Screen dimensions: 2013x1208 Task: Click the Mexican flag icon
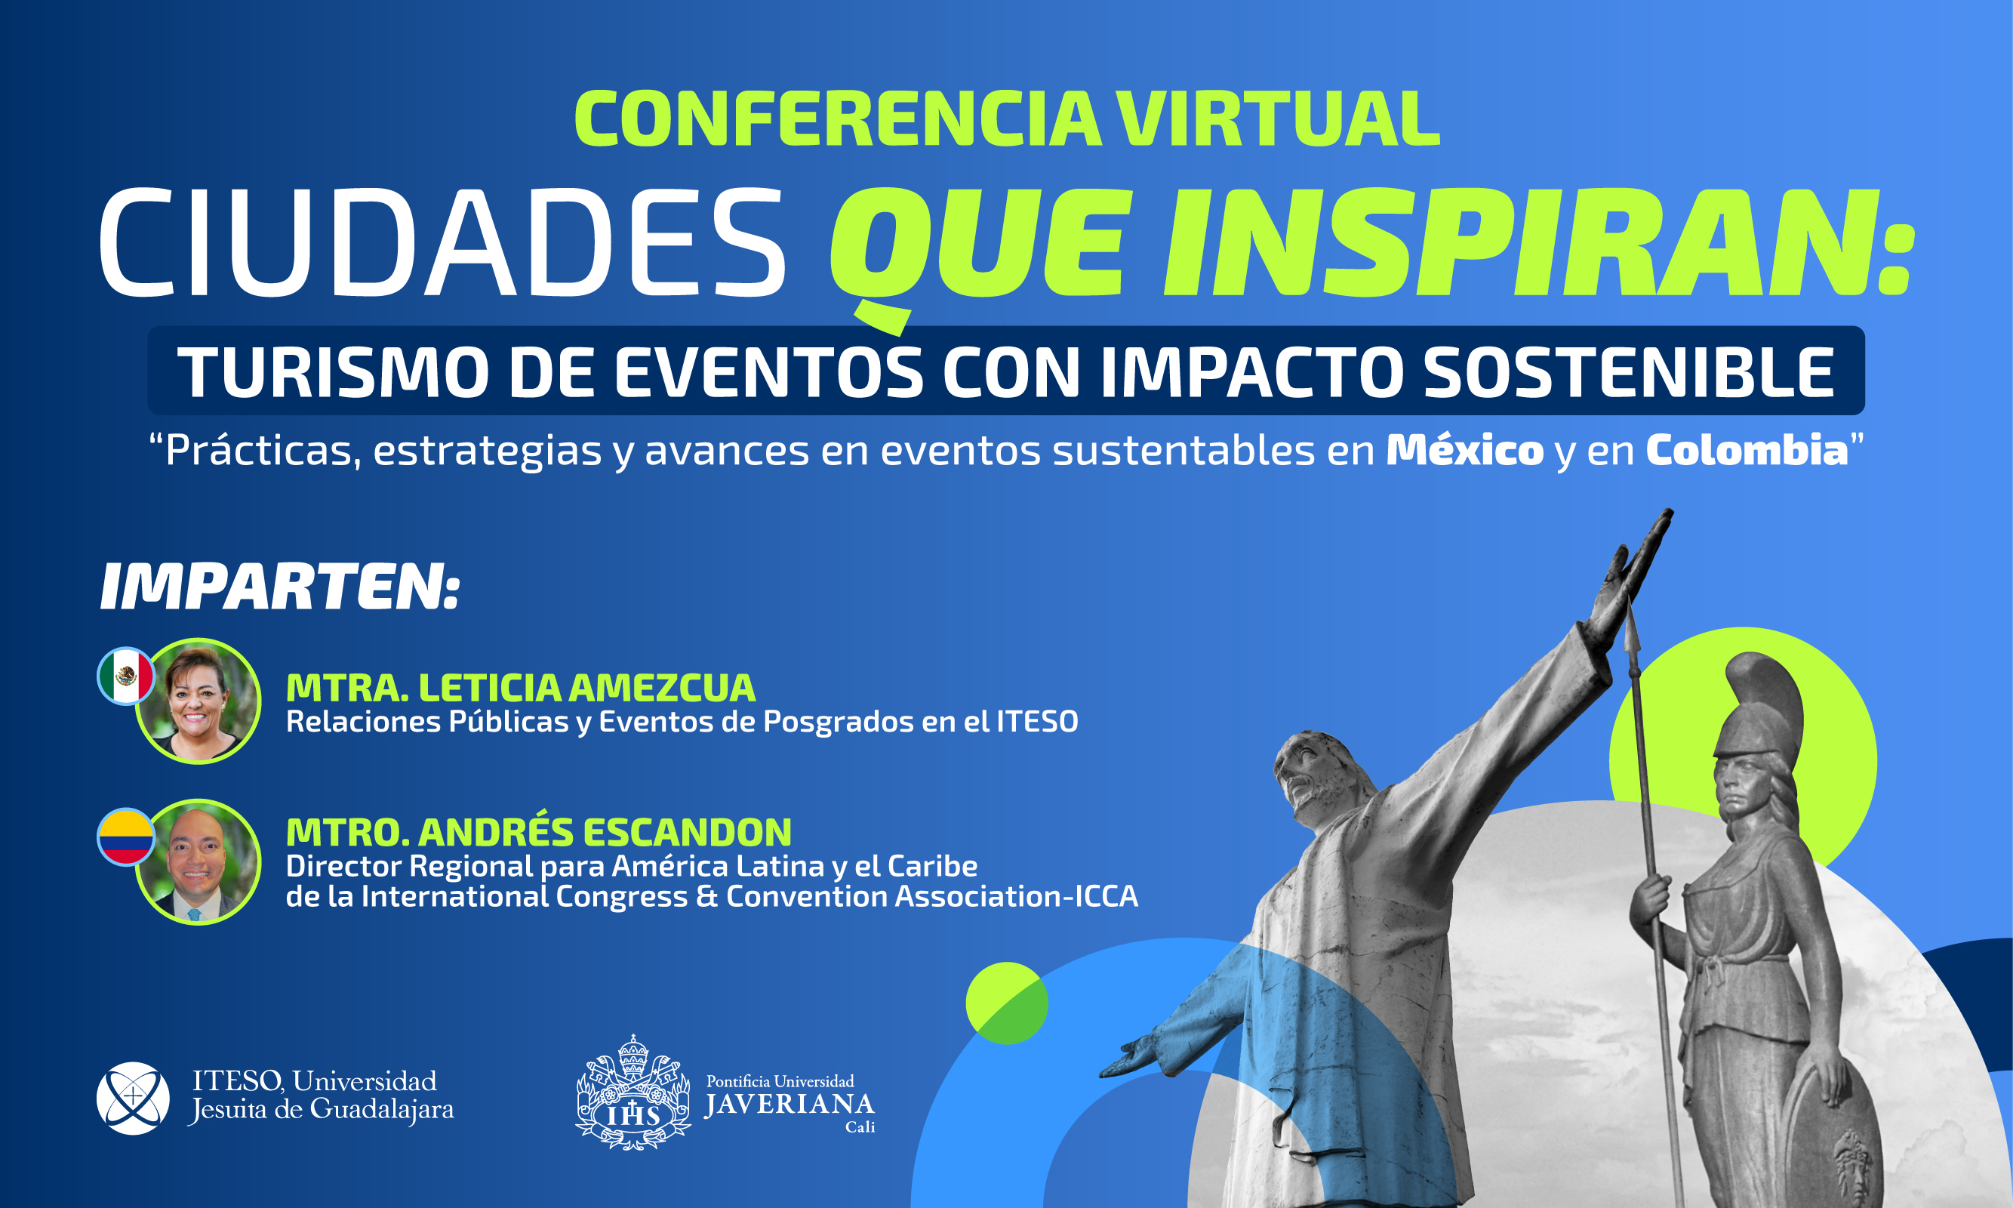click(x=126, y=676)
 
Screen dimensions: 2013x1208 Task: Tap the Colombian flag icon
click(x=126, y=837)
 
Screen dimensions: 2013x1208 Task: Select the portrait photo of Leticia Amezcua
click(x=198, y=701)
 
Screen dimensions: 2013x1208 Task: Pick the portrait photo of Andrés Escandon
click(x=198, y=861)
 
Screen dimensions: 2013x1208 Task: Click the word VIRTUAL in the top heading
click(x=1277, y=119)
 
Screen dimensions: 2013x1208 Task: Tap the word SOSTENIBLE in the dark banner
click(x=1629, y=372)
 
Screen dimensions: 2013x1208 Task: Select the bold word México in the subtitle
click(x=1464, y=450)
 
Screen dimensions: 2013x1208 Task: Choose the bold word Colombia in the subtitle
click(x=1747, y=450)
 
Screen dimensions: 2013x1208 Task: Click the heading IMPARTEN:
click(x=280, y=586)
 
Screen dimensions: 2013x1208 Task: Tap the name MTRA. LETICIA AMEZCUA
click(x=521, y=688)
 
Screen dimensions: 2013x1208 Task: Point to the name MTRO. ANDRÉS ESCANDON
click(x=539, y=831)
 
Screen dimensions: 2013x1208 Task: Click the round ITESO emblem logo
click(x=134, y=1098)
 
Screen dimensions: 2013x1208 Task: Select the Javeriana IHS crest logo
click(x=633, y=1093)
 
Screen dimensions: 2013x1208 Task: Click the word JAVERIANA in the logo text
click(x=790, y=1105)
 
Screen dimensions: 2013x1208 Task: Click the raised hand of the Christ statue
click(x=1636, y=570)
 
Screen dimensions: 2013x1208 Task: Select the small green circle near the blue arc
click(x=1007, y=1003)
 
